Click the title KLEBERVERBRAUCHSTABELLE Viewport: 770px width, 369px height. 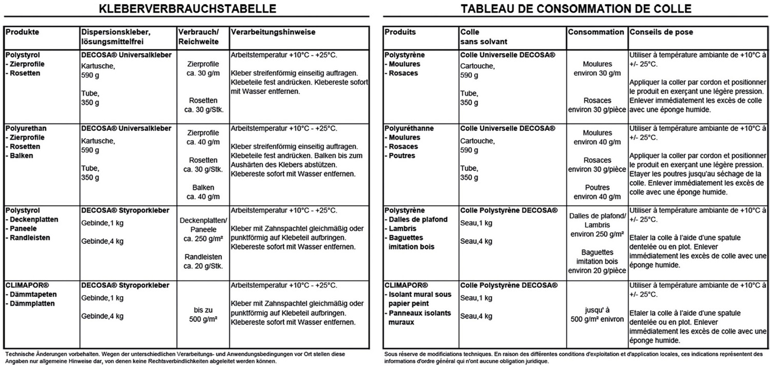187,9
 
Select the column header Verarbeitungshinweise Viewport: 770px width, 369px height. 273,32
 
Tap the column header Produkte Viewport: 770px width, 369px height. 22,32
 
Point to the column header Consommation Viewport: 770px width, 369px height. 596,32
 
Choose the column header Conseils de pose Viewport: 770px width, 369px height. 661,32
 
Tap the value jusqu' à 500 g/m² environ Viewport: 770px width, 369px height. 596,315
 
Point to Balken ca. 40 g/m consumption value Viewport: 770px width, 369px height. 203,192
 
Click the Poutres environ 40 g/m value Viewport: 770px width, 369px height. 596,192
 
